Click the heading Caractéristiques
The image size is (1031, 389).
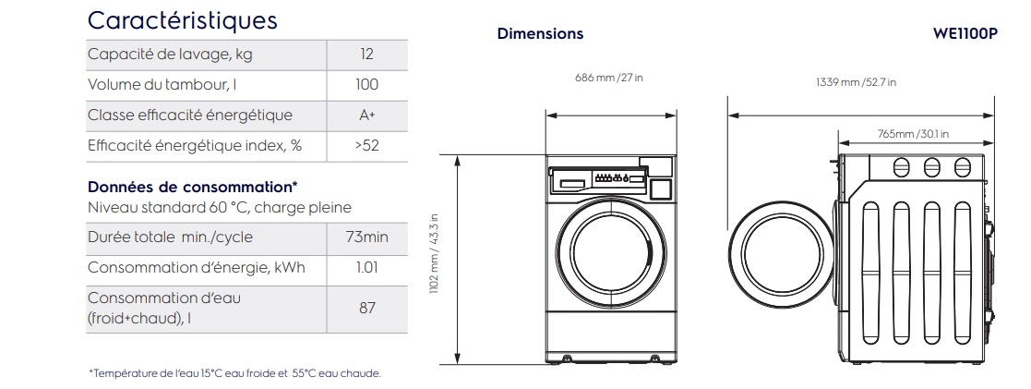coord(181,19)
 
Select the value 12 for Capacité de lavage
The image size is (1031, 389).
coord(366,55)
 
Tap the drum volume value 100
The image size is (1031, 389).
coord(366,85)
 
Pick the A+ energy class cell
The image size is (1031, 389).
coord(366,115)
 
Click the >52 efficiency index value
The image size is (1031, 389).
coord(366,146)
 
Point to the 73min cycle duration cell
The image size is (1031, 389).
coord(366,237)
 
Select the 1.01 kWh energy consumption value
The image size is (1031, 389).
coord(366,268)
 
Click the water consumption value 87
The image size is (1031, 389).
coord(366,308)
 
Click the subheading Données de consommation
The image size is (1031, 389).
coord(192,187)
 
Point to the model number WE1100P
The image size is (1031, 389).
coord(965,33)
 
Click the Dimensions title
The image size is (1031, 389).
coord(540,33)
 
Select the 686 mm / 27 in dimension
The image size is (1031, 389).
coord(609,78)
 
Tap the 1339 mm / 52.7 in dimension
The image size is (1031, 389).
coord(856,82)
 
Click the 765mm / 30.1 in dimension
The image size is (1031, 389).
coord(913,133)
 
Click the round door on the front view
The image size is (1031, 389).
coord(610,249)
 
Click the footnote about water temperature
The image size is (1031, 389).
coord(234,373)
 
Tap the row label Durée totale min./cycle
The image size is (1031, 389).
coord(170,237)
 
